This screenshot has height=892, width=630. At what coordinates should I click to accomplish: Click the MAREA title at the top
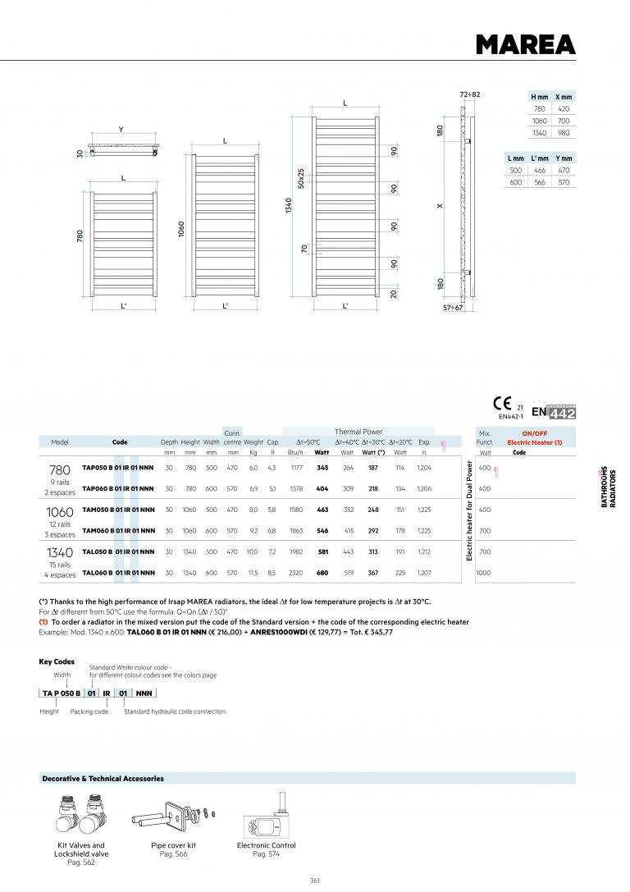tap(525, 43)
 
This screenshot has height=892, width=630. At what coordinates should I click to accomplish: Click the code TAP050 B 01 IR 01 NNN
tap(118, 468)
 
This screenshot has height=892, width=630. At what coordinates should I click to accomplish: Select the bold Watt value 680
tap(322, 573)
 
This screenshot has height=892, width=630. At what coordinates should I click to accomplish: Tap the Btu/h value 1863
tap(296, 531)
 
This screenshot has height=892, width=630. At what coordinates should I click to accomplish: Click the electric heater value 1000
tap(484, 573)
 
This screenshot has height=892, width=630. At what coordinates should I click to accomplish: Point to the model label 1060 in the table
tap(59, 512)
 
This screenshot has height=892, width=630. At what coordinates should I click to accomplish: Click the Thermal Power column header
tap(358, 432)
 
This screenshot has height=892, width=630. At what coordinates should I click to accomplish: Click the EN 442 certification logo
tap(554, 412)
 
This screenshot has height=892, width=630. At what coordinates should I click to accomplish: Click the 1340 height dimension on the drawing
tap(286, 201)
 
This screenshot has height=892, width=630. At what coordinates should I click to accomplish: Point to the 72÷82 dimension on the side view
tap(469, 94)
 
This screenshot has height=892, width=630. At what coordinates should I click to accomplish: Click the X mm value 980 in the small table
tap(564, 133)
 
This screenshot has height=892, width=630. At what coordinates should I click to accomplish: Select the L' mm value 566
tap(539, 182)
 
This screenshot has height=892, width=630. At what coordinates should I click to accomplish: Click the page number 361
tap(315, 880)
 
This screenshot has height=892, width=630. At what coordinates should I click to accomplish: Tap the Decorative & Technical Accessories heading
tap(103, 778)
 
